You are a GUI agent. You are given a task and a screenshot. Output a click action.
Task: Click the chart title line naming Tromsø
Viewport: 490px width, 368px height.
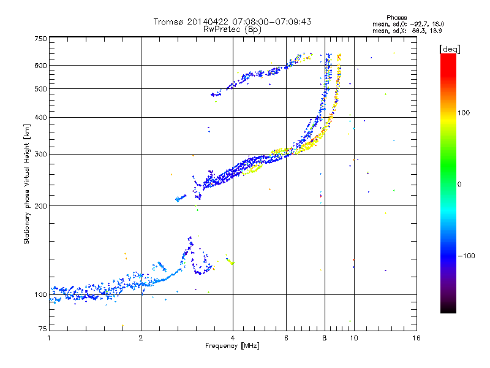pos(232,21)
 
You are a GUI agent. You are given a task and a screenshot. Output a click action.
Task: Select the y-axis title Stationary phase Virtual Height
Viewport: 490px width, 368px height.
pos(26,184)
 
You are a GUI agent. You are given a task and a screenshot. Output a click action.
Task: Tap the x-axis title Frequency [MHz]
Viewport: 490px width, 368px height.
pos(232,346)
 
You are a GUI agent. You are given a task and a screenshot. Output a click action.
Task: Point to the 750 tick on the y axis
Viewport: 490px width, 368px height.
pos(41,39)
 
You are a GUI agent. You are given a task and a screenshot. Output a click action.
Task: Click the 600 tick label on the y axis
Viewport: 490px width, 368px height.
pos(41,65)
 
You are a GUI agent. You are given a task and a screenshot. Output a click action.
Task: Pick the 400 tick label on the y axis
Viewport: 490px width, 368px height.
pos(41,117)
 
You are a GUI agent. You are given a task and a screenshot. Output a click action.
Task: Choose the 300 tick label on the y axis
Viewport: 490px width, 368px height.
pos(41,154)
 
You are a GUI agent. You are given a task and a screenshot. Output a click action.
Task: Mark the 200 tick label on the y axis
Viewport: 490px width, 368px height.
pos(41,205)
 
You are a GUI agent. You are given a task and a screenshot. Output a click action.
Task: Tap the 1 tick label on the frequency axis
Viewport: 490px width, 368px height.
pos(49,338)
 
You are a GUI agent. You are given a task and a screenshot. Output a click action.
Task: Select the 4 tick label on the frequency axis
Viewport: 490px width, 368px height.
pos(233,338)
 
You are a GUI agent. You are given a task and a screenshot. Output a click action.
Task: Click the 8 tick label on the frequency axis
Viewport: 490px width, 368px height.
pos(325,338)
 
